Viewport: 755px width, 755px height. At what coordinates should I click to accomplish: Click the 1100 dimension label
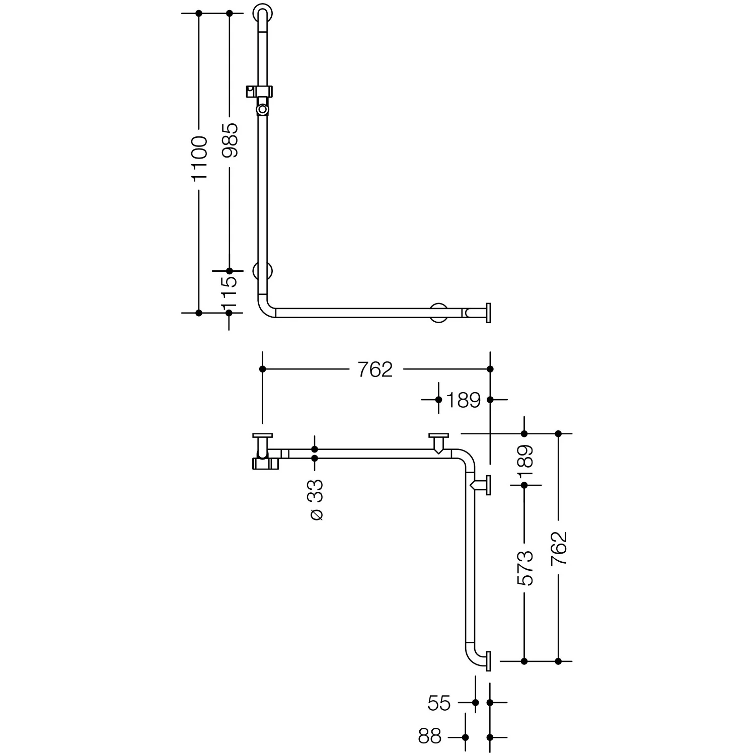pyautogui.click(x=200, y=158)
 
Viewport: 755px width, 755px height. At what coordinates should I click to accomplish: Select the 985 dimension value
pyautogui.click(x=230, y=140)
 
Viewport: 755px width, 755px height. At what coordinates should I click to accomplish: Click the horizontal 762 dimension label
pyautogui.click(x=375, y=370)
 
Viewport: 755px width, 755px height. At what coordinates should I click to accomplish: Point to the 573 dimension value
pyautogui.click(x=525, y=568)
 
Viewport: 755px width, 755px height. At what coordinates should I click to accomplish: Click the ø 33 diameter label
pyautogui.click(x=316, y=500)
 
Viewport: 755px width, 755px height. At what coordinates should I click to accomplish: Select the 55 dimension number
pyautogui.click(x=439, y=703)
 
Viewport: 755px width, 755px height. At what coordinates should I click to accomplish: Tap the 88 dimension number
pyautogui.click(x=429, y=737)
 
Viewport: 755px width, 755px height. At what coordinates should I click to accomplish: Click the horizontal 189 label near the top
pyautogui.click(x=464, y=400)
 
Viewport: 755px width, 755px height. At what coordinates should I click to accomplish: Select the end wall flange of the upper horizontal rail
pyautogui.click(x=488, y=313)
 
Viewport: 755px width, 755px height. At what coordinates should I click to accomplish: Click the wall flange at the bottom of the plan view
pyautogui.click(x=488, y=661)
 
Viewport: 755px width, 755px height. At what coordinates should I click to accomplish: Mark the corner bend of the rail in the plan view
pyautogui.click(x=466, y=458)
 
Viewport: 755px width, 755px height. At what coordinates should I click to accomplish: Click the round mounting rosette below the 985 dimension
pyautogui.click(x=263, y=272)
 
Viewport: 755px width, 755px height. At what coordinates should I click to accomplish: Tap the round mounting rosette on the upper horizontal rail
pyautogui.click(x=438, y=313)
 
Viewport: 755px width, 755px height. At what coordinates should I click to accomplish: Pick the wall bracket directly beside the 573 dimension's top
pyautogui.click(x=482, y=485)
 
